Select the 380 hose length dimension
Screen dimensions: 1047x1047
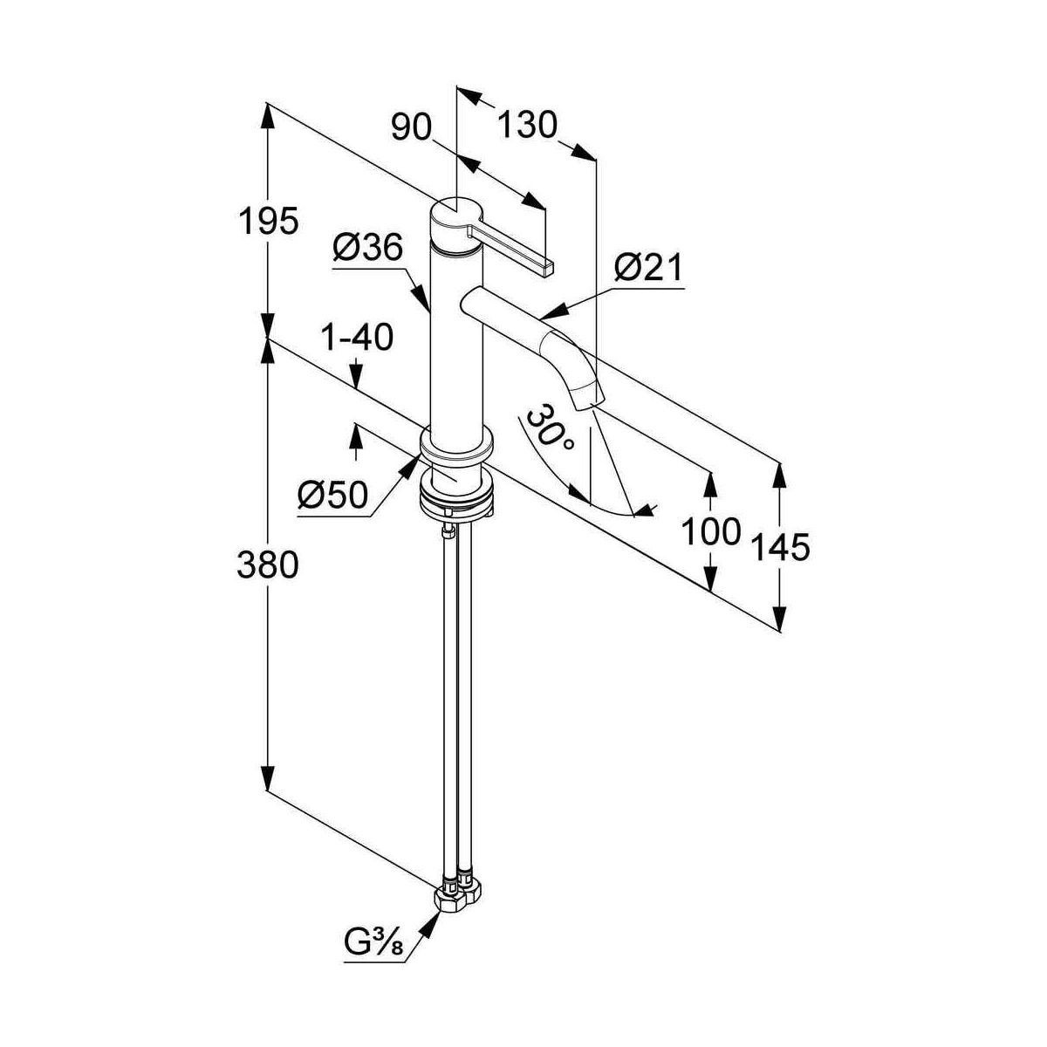coord(268,565)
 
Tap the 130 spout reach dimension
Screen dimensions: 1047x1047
coord(527,126)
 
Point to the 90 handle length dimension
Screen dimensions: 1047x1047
coord(412,128)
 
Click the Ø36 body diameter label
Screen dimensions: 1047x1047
coord(367,249)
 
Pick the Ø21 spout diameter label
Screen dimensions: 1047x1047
coord(649,268)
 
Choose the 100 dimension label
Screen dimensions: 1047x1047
coord(711,530)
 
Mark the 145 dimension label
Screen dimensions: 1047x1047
coord(781,547)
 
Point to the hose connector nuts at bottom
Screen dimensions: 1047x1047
coord(457,898)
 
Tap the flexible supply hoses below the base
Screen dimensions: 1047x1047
coord(458,698)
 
